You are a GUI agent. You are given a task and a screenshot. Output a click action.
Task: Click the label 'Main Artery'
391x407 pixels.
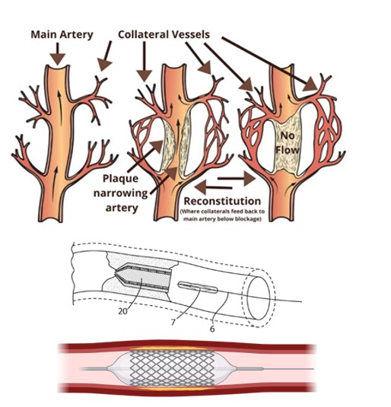click(62, 34)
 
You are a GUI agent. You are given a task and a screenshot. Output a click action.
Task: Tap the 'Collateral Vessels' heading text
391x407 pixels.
click(164, 34)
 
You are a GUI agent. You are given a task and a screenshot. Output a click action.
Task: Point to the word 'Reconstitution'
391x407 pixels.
click(222, 201)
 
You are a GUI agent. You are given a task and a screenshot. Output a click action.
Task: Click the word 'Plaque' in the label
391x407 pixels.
click(120, 179)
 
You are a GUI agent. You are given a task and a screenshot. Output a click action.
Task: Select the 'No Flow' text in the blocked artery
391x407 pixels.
click(288, 143)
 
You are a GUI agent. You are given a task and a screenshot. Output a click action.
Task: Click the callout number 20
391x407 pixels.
click(123, 311)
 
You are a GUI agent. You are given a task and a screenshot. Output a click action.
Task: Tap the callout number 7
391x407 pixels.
click(173, 323)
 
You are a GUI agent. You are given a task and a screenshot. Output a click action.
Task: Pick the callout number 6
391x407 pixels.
click(212, 329)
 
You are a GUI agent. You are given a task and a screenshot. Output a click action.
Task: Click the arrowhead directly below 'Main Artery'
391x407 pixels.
click(57, 59)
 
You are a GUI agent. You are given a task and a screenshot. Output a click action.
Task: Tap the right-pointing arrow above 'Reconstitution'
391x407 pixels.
click(237, 179)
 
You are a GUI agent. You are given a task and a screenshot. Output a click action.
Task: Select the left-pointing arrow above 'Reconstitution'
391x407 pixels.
click(213, 187)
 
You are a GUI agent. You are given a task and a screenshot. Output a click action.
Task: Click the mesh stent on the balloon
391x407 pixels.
click(172, 369)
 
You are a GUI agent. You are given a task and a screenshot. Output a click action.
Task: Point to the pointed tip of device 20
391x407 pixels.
click(116, 273)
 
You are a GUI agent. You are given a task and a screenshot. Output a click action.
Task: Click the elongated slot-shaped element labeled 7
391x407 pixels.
click(198, 288)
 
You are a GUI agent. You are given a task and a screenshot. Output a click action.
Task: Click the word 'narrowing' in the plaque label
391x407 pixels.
click(120, 194)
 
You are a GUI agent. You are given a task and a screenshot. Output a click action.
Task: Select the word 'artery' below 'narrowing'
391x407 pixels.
click(122, 208)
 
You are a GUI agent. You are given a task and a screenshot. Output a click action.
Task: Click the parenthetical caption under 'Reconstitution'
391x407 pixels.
click(222, 215)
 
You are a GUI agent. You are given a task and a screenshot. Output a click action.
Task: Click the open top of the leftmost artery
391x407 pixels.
click(58, 67)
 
